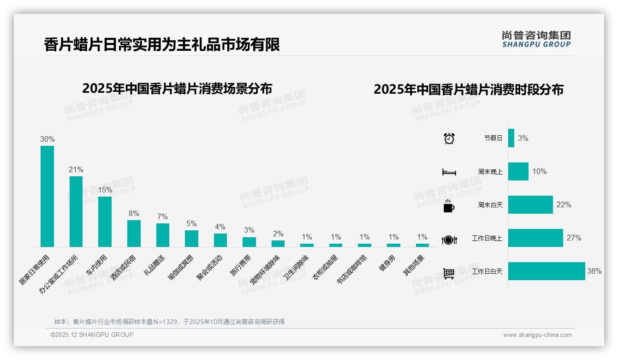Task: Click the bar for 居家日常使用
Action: [x=47, y=196]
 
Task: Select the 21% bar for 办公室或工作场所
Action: [x=76, y=211]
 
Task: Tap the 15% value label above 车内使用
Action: [x=105, y=190]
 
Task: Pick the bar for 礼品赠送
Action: [x=163, y=235]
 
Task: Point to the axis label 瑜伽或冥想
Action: [x=181, y=268]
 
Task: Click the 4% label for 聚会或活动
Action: [x=220, y=227]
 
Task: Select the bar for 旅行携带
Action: [x=249, y=242]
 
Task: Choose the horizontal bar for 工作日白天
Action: [x=547, y=271]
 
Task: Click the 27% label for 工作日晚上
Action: [x=574, y=238]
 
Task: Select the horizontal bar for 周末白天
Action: [x=530, y=204]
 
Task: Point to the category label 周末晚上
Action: [x=490, y=172]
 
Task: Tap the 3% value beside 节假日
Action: [x=523, y=138]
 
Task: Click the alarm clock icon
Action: [x=449, y=138]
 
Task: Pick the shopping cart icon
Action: [x=449, y=273]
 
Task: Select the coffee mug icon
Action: [x=449, y=206]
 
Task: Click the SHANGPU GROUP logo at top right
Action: [x=536, y=39]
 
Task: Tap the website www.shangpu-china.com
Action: [x=537, y=335]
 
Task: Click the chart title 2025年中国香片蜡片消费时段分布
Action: [x=469, y=90]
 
